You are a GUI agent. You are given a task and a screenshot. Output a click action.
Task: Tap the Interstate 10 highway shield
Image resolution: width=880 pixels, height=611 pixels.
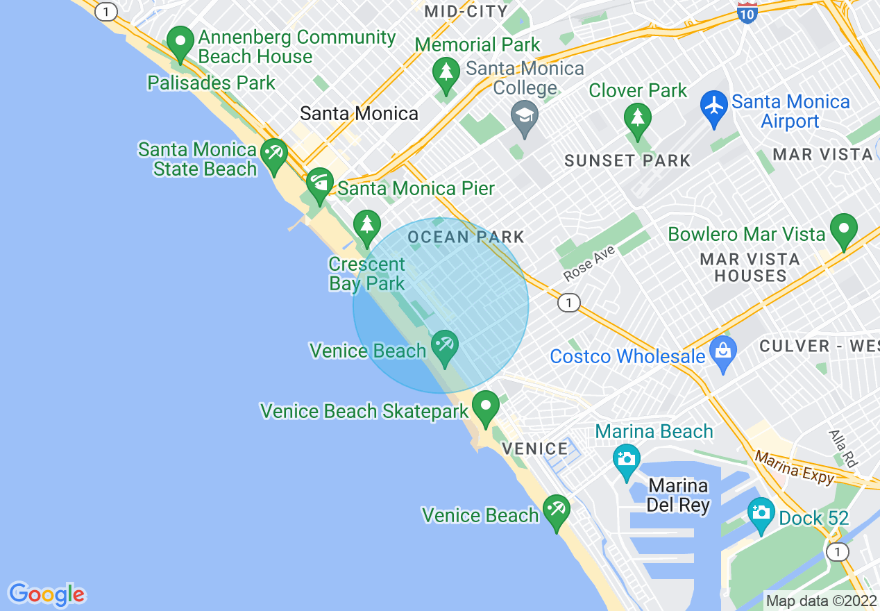coord(747,12)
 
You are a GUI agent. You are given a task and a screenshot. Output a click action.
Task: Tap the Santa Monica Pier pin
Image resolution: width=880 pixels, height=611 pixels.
coord(320,184)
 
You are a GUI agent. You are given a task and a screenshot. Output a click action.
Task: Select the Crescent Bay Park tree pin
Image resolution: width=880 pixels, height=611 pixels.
coord(367,227)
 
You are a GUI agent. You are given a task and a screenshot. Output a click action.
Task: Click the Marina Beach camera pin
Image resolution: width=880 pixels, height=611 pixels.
coord(626,460)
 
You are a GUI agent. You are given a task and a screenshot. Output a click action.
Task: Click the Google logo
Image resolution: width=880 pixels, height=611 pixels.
coord(47,594)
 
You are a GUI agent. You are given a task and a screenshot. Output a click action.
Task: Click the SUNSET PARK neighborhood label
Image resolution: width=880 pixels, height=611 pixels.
coord(627,161)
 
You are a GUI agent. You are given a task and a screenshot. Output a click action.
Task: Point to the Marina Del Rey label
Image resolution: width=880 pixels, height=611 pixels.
coord(677,495)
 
